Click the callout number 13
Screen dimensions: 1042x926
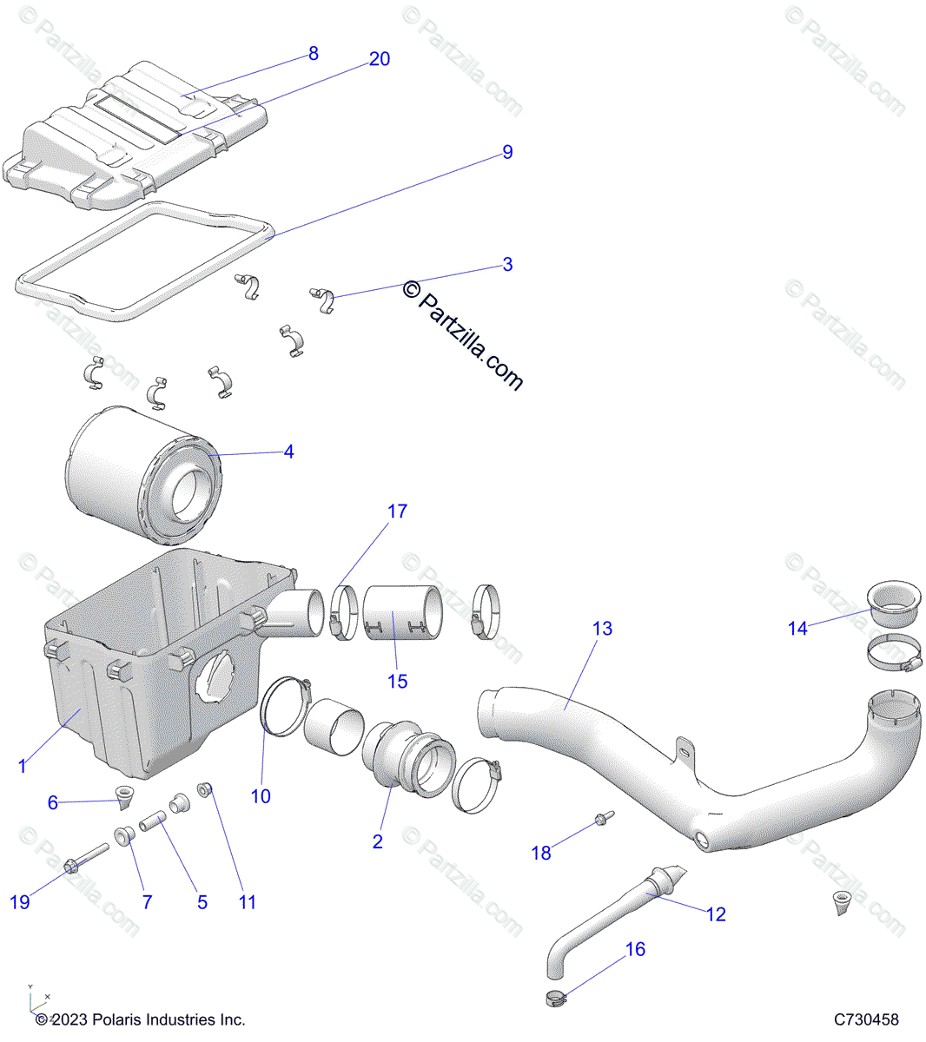(602, 629)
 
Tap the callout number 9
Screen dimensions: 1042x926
(507, 153)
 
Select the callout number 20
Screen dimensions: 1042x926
(379, 59)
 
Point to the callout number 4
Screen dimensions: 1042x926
(288, 452)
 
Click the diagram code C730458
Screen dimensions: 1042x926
(866, 1019)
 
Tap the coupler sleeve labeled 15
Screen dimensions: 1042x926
(401, 611)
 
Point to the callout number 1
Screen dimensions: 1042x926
(23, 766)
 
